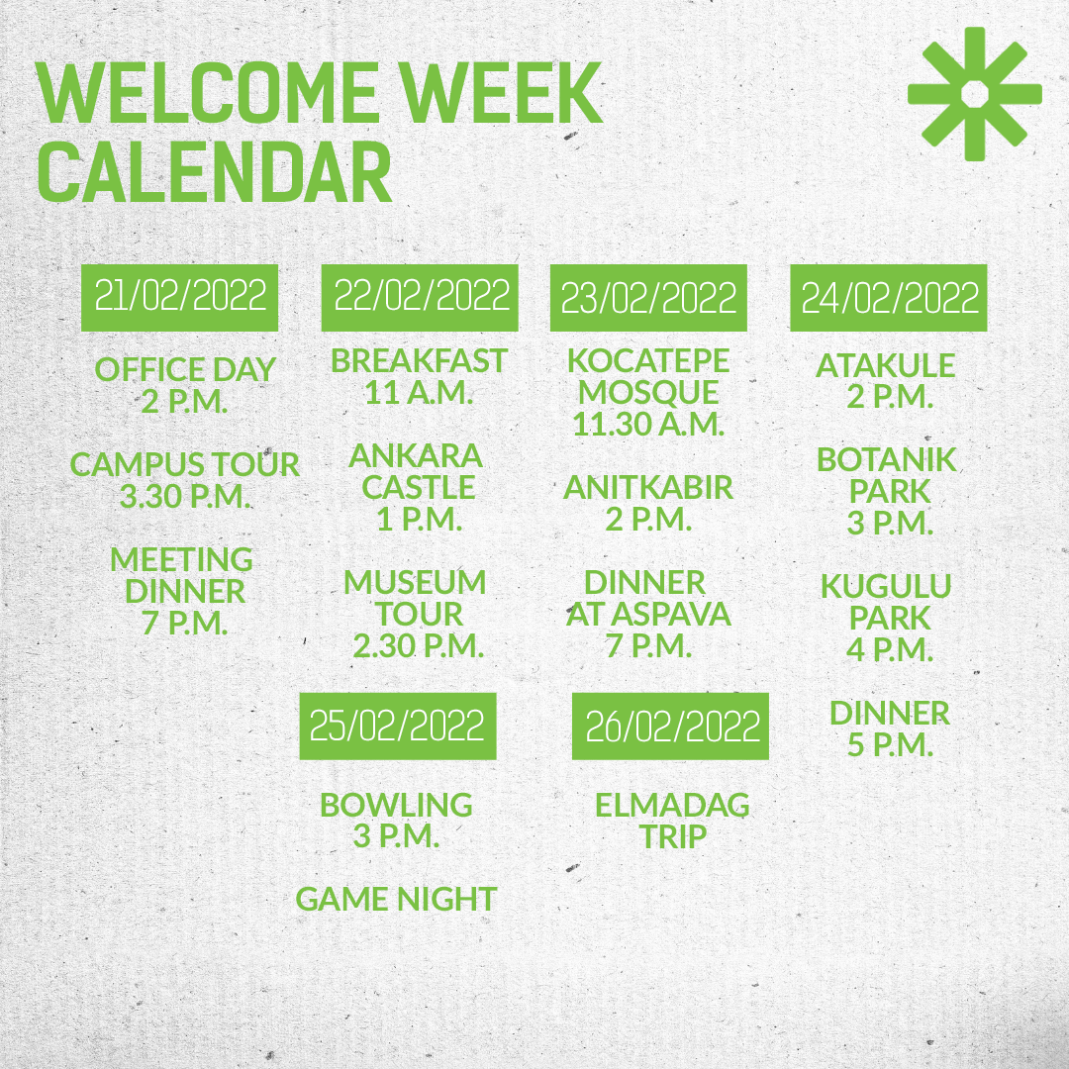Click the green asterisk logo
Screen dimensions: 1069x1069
coord(974,93)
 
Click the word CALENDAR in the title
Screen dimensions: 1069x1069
coord(214,172)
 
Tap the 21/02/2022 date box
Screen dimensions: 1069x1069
coord(179,297)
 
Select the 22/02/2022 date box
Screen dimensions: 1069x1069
coord(420,297)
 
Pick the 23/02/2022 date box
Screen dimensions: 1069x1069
coord(648,297)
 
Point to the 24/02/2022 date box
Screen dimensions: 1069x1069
coord(888,297)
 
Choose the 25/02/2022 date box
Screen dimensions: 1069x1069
coord(398,727)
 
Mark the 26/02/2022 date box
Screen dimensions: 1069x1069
coord(670,727)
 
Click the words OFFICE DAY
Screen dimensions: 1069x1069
coord(185,369)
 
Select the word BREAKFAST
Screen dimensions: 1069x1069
coord(420,360)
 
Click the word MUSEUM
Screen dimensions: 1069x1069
coord(415,582)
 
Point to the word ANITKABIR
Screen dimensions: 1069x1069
coord(648,487)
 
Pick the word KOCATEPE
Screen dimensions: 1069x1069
coord(648,360)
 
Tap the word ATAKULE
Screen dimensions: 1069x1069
coord(886,365)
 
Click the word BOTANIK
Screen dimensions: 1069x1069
coord(887,459)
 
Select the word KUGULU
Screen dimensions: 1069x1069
coord(886,586)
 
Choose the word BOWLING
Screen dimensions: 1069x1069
coord(396,805)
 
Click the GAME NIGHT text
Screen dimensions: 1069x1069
coord(396,899)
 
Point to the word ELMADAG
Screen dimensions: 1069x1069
coord(672,805)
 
